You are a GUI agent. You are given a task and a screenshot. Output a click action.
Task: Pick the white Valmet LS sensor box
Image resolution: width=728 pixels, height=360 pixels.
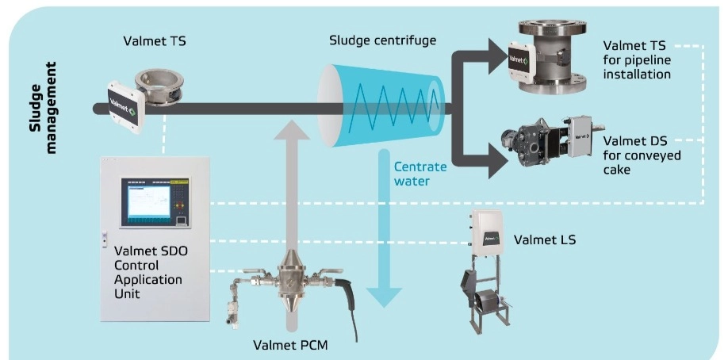(489, 230)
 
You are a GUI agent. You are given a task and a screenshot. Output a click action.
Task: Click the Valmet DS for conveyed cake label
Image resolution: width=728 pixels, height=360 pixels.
(642, 155)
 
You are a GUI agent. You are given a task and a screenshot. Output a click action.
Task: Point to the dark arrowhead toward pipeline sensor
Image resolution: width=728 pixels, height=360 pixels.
(496, 55)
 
